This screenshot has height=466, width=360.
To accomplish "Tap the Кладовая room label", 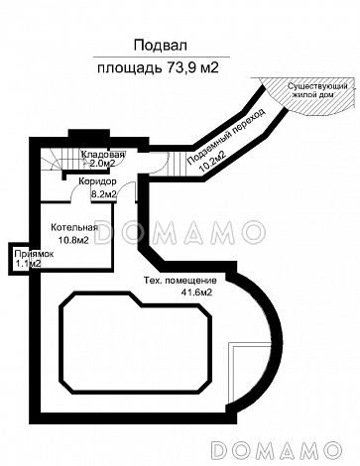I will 103,156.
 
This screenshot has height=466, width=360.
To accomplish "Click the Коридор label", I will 98,183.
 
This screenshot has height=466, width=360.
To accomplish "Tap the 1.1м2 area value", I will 28,264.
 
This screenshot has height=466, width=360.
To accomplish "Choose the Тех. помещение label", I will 179,280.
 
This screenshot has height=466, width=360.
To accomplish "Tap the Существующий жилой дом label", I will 316,94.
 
